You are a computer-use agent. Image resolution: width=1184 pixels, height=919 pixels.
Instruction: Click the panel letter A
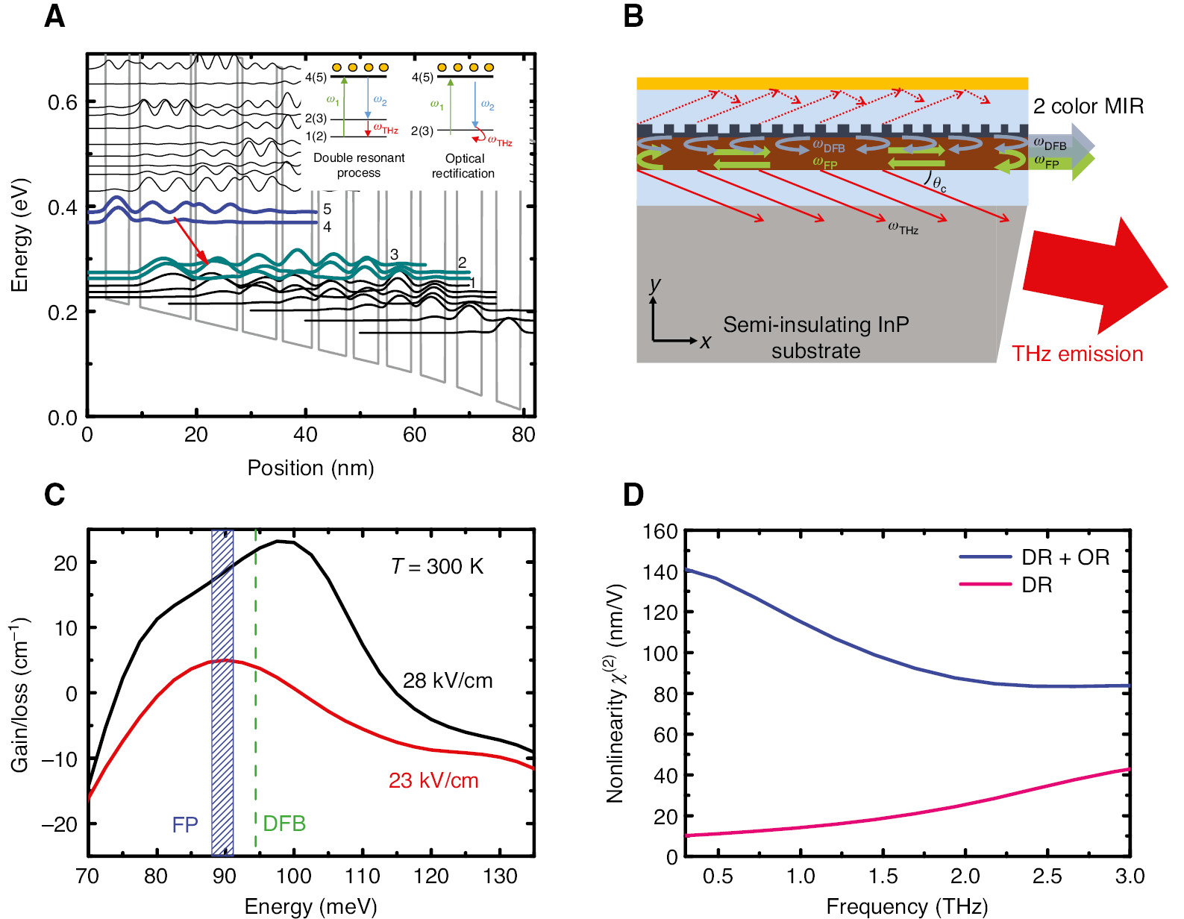pos(54,16)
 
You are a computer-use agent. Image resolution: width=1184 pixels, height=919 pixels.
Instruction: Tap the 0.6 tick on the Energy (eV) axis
pos(63,103)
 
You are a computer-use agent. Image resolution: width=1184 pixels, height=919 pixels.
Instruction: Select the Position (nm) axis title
pos(310,468)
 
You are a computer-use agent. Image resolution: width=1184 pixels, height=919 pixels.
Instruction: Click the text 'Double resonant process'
pos(359,166)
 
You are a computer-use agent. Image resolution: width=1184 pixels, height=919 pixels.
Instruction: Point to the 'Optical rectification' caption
pos(463,166)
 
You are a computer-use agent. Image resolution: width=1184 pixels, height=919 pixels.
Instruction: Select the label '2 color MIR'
pos(1088,107)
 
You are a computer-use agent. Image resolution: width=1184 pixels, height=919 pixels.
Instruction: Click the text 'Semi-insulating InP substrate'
pos(815,338)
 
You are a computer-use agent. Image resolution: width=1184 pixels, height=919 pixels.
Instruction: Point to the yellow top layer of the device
pos(832,83)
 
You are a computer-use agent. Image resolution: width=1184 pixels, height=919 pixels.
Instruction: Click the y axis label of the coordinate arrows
pos(655,284)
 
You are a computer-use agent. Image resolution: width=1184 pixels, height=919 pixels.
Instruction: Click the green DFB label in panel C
pos(284,824)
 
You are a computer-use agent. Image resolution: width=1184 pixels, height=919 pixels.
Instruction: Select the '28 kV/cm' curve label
pos(448,680)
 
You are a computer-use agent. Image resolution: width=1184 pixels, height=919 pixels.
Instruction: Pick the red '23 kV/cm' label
pos(433,781)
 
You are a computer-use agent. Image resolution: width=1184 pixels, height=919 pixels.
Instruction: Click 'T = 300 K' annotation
pos(437,567)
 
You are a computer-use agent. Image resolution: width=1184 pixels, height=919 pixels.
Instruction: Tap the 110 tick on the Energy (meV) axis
pos(363,876)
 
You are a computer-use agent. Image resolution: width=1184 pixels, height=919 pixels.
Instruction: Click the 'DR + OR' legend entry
pos(1065,557)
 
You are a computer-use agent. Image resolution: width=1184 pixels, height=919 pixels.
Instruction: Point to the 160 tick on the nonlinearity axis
pos(660,532)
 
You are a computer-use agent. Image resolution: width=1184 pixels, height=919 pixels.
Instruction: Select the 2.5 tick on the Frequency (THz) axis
pos(1047,876)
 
